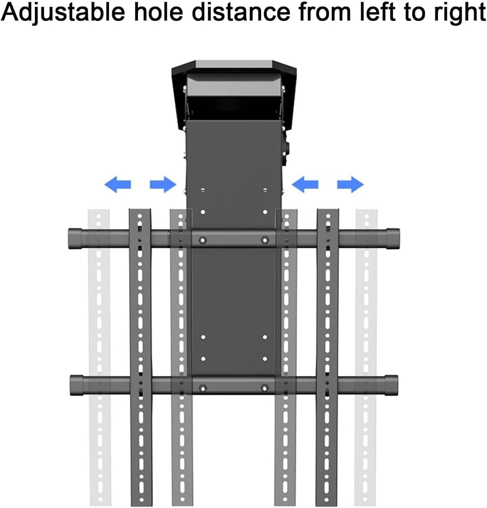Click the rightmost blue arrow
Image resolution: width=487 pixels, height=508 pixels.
tap(350, 185)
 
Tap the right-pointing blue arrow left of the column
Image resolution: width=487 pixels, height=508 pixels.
tap(163, 185)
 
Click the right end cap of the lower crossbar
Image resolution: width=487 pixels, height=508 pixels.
tap(392, 385)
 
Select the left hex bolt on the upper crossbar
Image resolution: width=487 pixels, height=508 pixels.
tap(202, 240)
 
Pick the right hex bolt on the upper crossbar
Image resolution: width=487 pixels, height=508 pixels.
tap(264, 240)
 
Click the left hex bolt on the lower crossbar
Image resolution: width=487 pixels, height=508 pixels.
tap(203, 387)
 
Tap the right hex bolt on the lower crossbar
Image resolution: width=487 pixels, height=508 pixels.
tap(264, 387)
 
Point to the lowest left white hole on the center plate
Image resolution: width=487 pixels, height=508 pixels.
tap(203, 359)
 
